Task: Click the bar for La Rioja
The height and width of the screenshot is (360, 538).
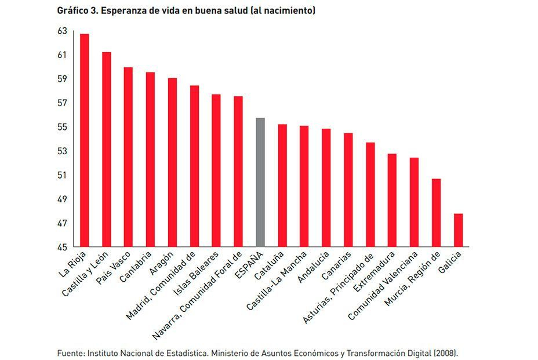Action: (85, 140)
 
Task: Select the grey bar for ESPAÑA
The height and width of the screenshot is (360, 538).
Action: (260, 182)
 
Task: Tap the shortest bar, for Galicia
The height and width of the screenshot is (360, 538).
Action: (458, 230)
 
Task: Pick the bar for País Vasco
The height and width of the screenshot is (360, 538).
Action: (128, 157)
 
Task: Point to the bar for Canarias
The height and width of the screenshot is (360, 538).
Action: (348, 190)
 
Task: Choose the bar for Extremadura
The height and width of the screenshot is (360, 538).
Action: (392, 200)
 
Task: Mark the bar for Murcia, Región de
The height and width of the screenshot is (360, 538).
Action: (436, 213)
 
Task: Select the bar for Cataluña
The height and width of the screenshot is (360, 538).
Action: (282, 186)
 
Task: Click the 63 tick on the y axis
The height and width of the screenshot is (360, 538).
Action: (62, 31)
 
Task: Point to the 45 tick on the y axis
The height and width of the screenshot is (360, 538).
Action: (62, 248)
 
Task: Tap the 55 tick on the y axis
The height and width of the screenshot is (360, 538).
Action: (62, 127)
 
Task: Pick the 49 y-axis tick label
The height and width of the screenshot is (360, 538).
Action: (62, 199)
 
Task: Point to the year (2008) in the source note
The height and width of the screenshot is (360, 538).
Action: (446, 352)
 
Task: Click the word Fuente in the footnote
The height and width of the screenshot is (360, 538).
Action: (69, 352)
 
